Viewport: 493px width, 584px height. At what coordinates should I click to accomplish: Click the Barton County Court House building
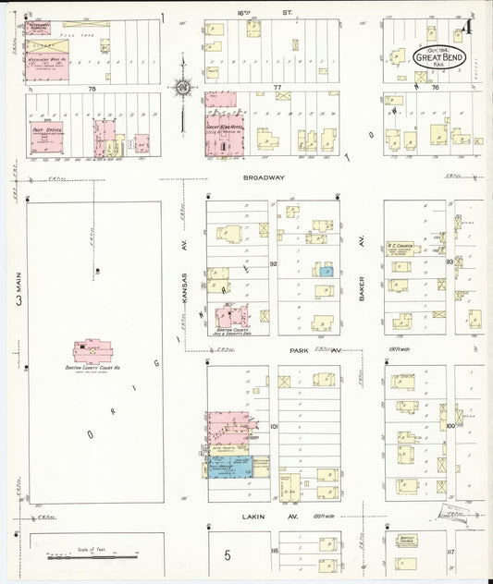(x=94, y=351)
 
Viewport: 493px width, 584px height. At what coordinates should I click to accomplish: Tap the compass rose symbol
(x=183, y=88)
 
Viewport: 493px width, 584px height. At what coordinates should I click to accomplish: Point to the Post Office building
(x=46, y=135)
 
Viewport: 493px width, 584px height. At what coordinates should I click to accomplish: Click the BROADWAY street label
(x=264, y=176)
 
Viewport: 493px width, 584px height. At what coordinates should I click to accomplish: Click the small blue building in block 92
(x=325, y=270)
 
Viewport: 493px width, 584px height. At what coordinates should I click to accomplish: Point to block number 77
(x=277, y=85)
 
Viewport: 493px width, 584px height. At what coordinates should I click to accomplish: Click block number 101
(x=274, y=427)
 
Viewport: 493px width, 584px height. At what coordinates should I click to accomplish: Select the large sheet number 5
(x=227, y=555)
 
